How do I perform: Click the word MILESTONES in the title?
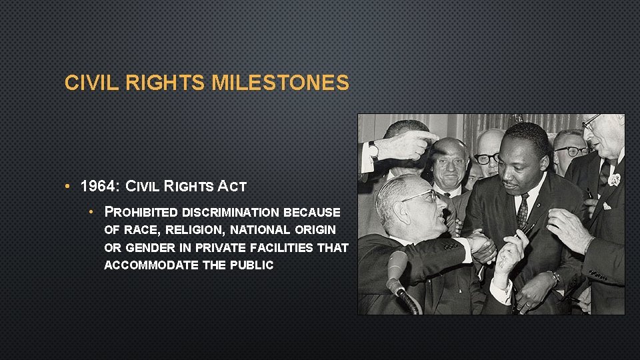pyautogui.click(x=280, y=83)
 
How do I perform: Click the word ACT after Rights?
pyautogui.click(x=233, y=186)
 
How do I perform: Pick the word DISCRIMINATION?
pyautogui.click(x=231, y=213)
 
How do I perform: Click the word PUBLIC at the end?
pyautogui.click(x=252, y=265)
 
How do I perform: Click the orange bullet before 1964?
pyautogui.click(x=69, y=186)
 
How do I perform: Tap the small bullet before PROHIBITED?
pyautogui.click(x=93, y=213)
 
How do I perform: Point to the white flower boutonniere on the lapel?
pyautogui.click(x=613, y=179)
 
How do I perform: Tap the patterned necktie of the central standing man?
pyautogui.click(x=523, y=211)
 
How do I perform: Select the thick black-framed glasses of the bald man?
pyautogui.click(x=487, y=158)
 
